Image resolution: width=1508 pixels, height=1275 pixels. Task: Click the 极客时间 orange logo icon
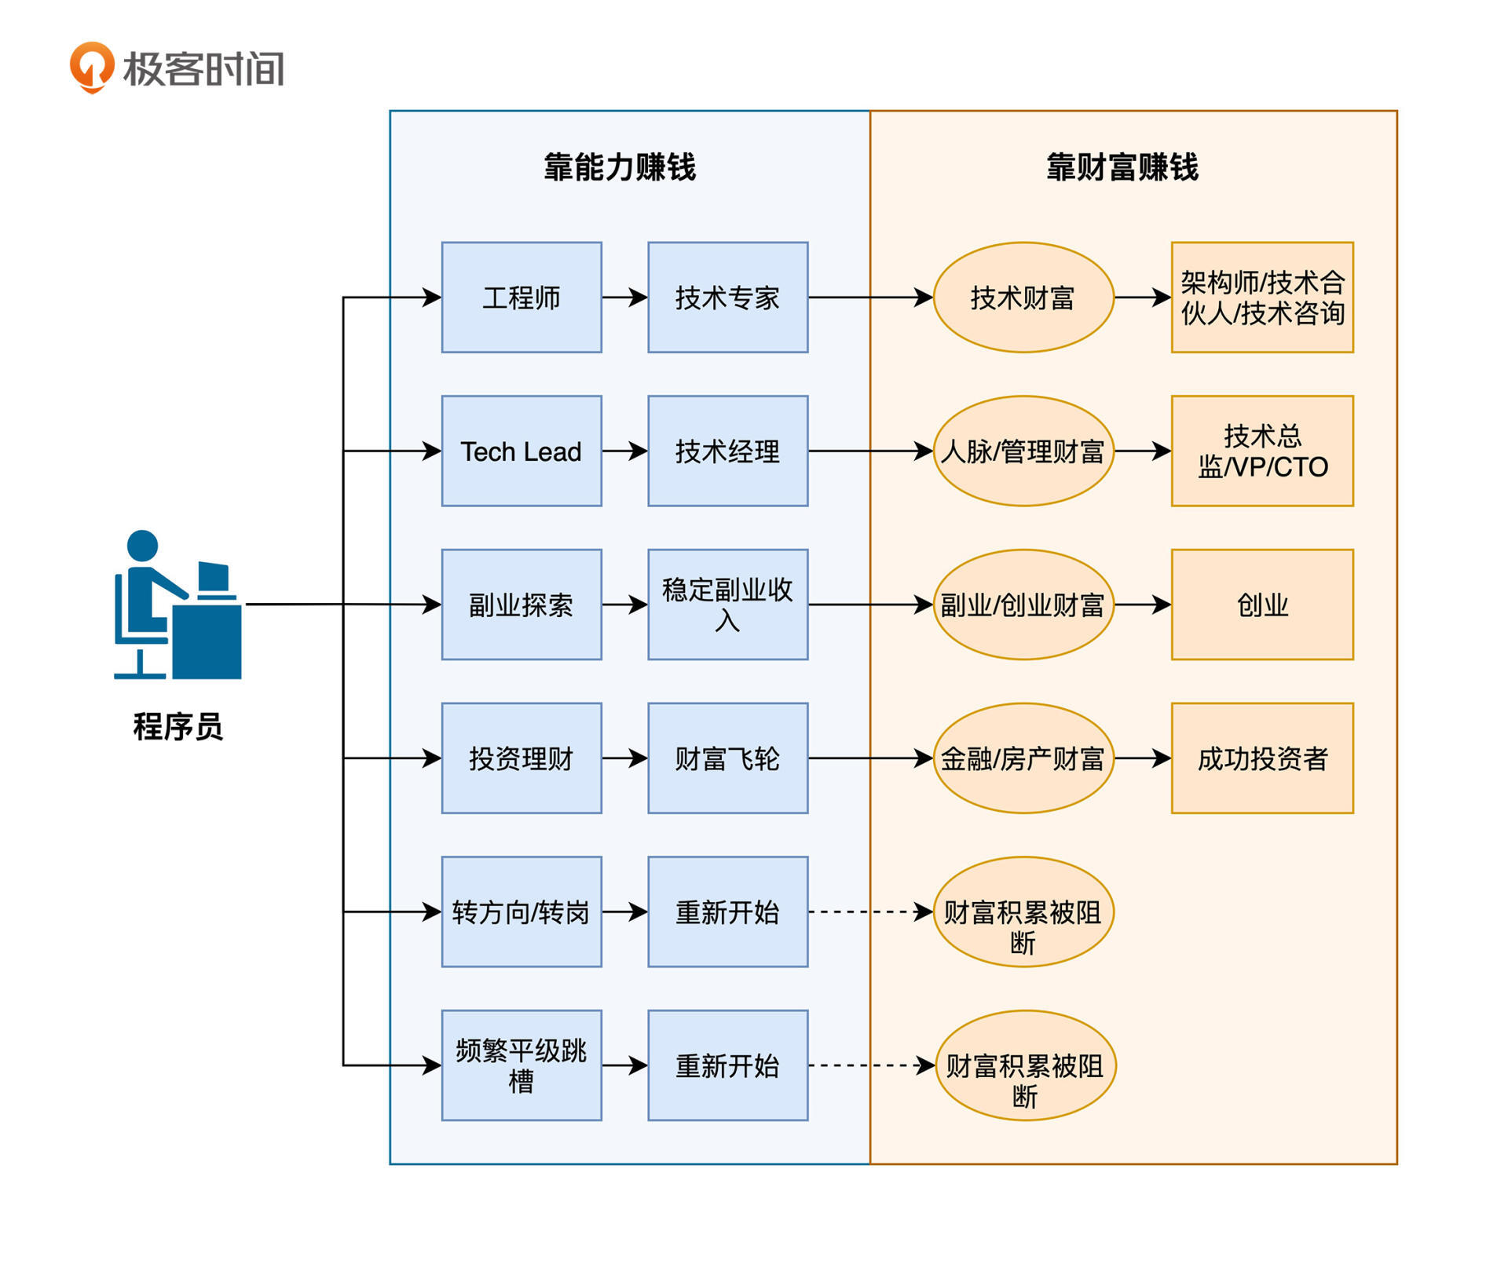point(92,67)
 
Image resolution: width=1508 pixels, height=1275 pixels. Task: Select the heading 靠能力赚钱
point(620,167)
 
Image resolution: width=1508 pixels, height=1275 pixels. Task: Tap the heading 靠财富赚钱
point(1122,167)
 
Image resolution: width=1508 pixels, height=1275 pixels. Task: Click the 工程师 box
point(522,298)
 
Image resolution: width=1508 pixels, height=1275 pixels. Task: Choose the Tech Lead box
point(522,451)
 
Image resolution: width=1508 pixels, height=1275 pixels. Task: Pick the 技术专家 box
point(727,298)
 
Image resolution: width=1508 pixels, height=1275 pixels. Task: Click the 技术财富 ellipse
point(1023,298)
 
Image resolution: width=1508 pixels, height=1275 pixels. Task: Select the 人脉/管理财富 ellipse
point(1023,451)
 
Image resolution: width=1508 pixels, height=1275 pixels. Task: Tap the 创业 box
point(1261,605)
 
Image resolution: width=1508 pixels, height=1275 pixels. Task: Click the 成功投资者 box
point(1261,758)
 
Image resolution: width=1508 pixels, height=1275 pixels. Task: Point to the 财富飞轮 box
point(727,758)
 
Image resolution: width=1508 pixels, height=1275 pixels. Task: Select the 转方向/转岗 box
point(522,911)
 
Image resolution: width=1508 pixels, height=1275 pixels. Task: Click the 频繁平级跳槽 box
point(522,1065)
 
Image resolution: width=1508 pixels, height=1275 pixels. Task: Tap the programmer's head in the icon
point(142,546)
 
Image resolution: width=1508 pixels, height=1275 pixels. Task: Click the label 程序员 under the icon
point(178,727)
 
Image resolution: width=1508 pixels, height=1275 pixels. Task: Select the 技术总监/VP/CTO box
point(1261,451)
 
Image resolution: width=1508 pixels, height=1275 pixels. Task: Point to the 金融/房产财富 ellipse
point(1023,758)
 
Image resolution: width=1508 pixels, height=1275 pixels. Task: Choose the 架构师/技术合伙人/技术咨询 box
point(1261,298)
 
